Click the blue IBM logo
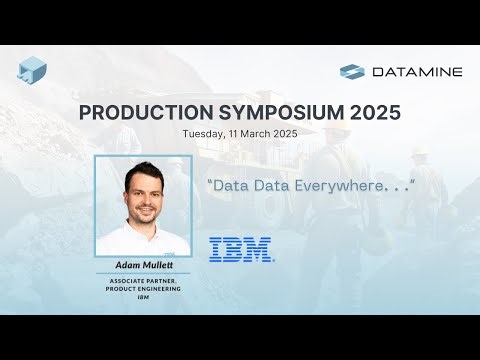point(242,249)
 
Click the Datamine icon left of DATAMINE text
point(352,71)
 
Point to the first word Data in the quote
point(227,186)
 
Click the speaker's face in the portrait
point(143,194)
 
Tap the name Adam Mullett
point(142,266)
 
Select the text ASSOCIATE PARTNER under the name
point(142,281)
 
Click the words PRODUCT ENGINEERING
point(142,289)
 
